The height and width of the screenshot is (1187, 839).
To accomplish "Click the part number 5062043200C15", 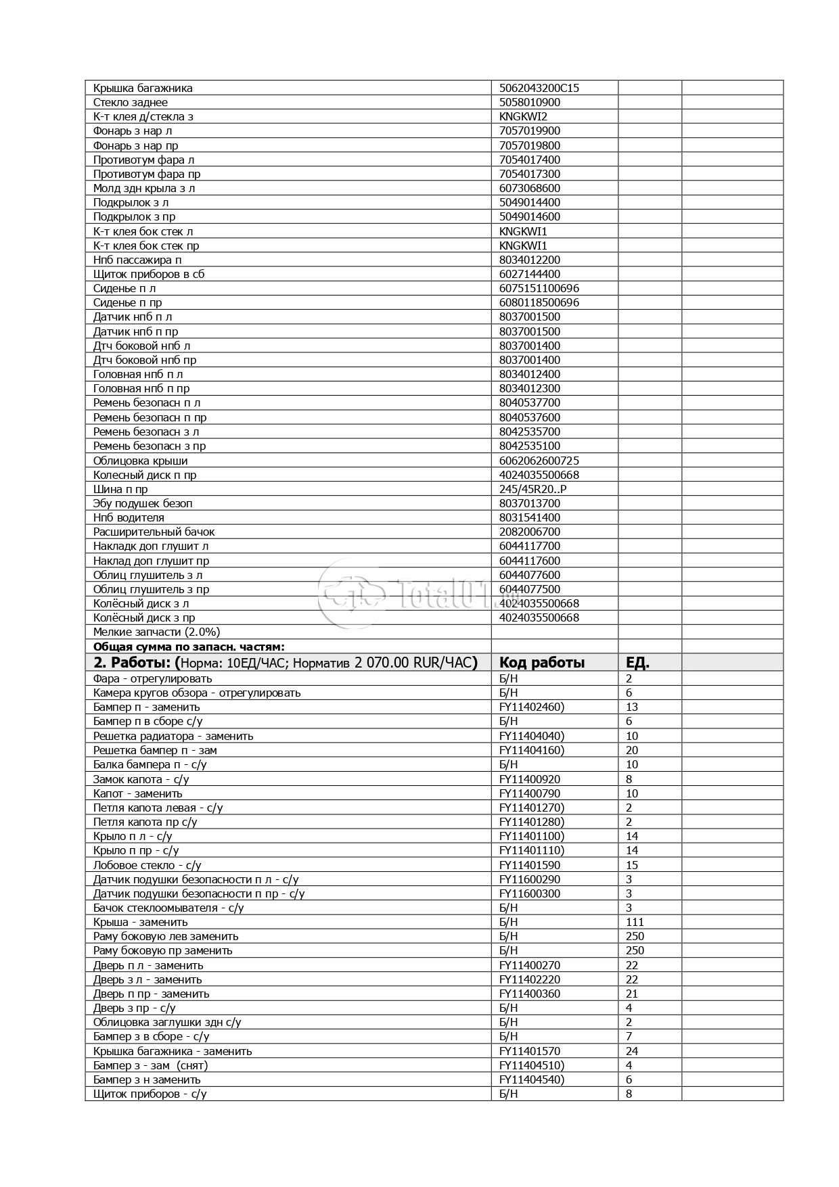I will coord(539,88).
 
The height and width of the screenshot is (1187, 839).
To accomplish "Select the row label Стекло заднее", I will coord(131,102).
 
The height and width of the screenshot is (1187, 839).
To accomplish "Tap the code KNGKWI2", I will coord(523,116).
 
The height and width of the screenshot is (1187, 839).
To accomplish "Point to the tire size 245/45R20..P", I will coord(532,489).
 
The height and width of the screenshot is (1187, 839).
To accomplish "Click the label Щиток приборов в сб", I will coord(149,274).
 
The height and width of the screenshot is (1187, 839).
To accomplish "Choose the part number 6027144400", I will coord(529,274).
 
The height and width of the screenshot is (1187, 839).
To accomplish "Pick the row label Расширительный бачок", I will coord(154,532).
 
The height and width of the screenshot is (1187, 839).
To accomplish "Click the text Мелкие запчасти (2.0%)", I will coord(156,632).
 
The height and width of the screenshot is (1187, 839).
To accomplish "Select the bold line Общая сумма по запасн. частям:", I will coord(189,647).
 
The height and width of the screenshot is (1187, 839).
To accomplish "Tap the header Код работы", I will coord(541,662).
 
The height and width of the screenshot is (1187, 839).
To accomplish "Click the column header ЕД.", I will coord(637,662).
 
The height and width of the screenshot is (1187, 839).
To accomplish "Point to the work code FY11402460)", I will coord(531,707).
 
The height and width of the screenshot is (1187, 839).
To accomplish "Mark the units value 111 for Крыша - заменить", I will coord(635,922).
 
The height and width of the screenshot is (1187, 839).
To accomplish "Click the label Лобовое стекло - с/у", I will coord(147,865).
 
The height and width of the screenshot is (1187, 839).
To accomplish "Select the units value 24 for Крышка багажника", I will coord(632,1051).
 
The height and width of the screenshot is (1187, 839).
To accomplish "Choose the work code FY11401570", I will coord(529,1051).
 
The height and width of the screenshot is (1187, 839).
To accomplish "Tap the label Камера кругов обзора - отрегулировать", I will coord(196,693).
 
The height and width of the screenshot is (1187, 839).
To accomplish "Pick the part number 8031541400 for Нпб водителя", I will coord(529,517).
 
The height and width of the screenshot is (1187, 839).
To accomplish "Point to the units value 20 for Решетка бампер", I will coord(632,750).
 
